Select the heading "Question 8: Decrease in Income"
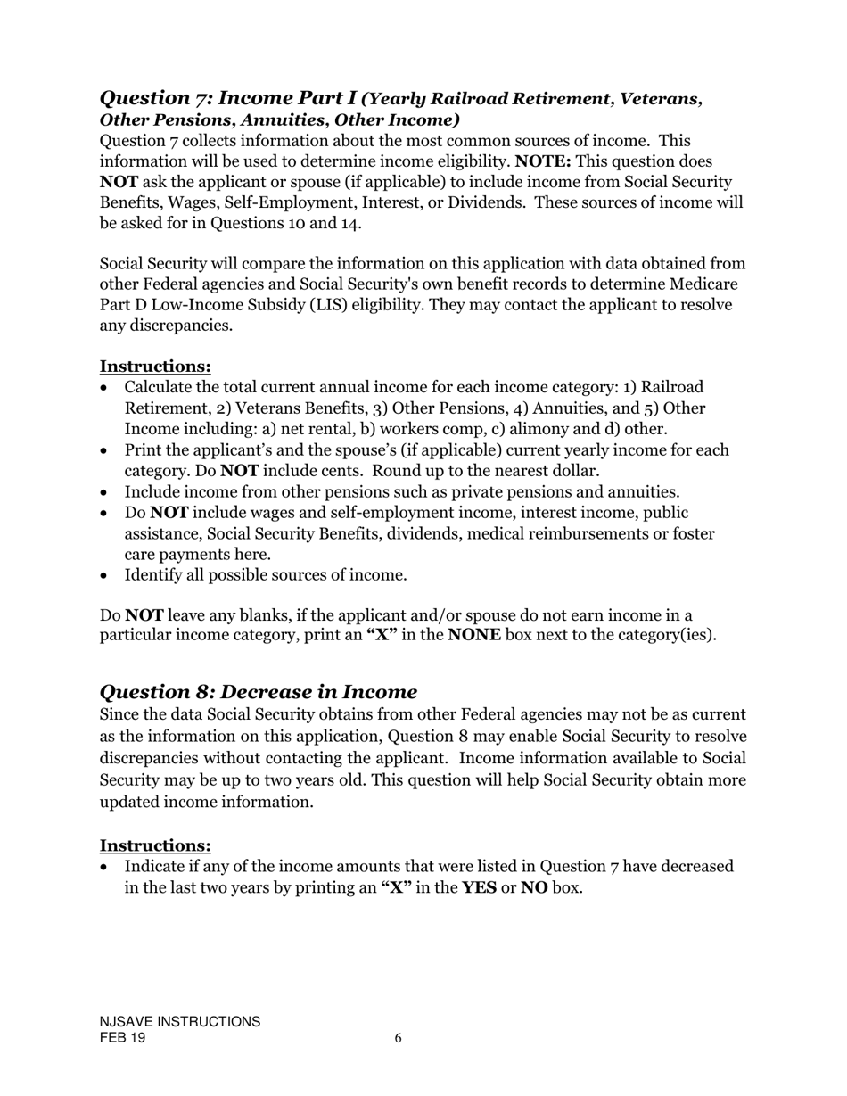point(259,691)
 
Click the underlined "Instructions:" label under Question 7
point(155,367)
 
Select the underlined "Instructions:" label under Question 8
point(155,845)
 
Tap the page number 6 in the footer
point(398,1038)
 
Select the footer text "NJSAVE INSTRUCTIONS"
point(180,1022)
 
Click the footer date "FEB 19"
point(123,1039)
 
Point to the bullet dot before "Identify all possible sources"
point(106,575)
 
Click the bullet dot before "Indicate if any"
point(106,867)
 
